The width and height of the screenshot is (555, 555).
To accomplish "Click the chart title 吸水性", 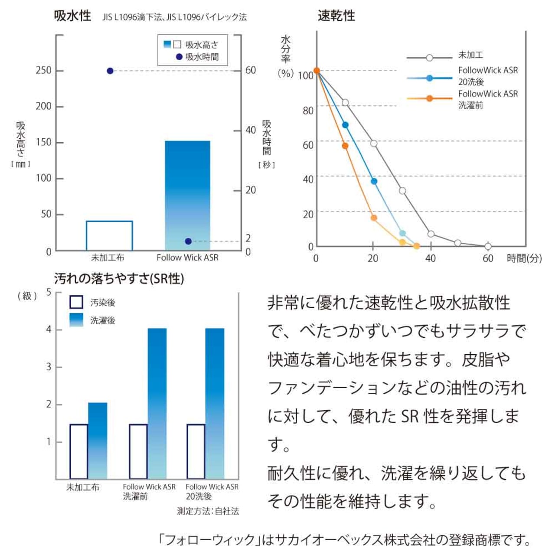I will [72, 16].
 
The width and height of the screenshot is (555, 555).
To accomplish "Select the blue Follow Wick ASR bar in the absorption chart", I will [187, 195].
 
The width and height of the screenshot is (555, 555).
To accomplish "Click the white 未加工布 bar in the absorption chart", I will [109, 236].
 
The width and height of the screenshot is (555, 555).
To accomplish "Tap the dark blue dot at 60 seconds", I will [110, 71].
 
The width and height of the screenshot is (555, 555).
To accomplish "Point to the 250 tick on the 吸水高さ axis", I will [43, 70].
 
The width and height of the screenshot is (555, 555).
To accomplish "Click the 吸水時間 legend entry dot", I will [179, 57].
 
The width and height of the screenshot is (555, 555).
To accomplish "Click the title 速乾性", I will [336, 16].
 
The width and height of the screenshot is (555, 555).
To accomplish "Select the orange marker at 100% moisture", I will [317, 71].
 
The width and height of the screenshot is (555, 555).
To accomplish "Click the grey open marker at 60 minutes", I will [488, 246].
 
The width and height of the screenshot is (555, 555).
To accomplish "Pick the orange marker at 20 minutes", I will [374, 218].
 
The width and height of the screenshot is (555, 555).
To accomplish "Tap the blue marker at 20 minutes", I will [374, 181].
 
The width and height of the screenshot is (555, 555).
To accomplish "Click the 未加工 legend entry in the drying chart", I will [470, 55].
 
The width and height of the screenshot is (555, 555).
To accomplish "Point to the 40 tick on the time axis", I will [430, 258].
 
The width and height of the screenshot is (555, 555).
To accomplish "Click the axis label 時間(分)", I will [524, 258].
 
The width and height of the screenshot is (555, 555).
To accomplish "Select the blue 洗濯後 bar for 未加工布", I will [98, 441].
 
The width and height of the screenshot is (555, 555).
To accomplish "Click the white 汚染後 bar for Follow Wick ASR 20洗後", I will [196, 451].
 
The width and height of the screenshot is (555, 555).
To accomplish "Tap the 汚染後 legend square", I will [76, 302].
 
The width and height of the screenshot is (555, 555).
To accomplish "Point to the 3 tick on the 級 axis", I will [49, 367].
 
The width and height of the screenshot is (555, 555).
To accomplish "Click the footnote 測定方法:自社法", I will [208, 511].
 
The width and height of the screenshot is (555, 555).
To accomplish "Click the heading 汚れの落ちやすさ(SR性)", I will [119, 278].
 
